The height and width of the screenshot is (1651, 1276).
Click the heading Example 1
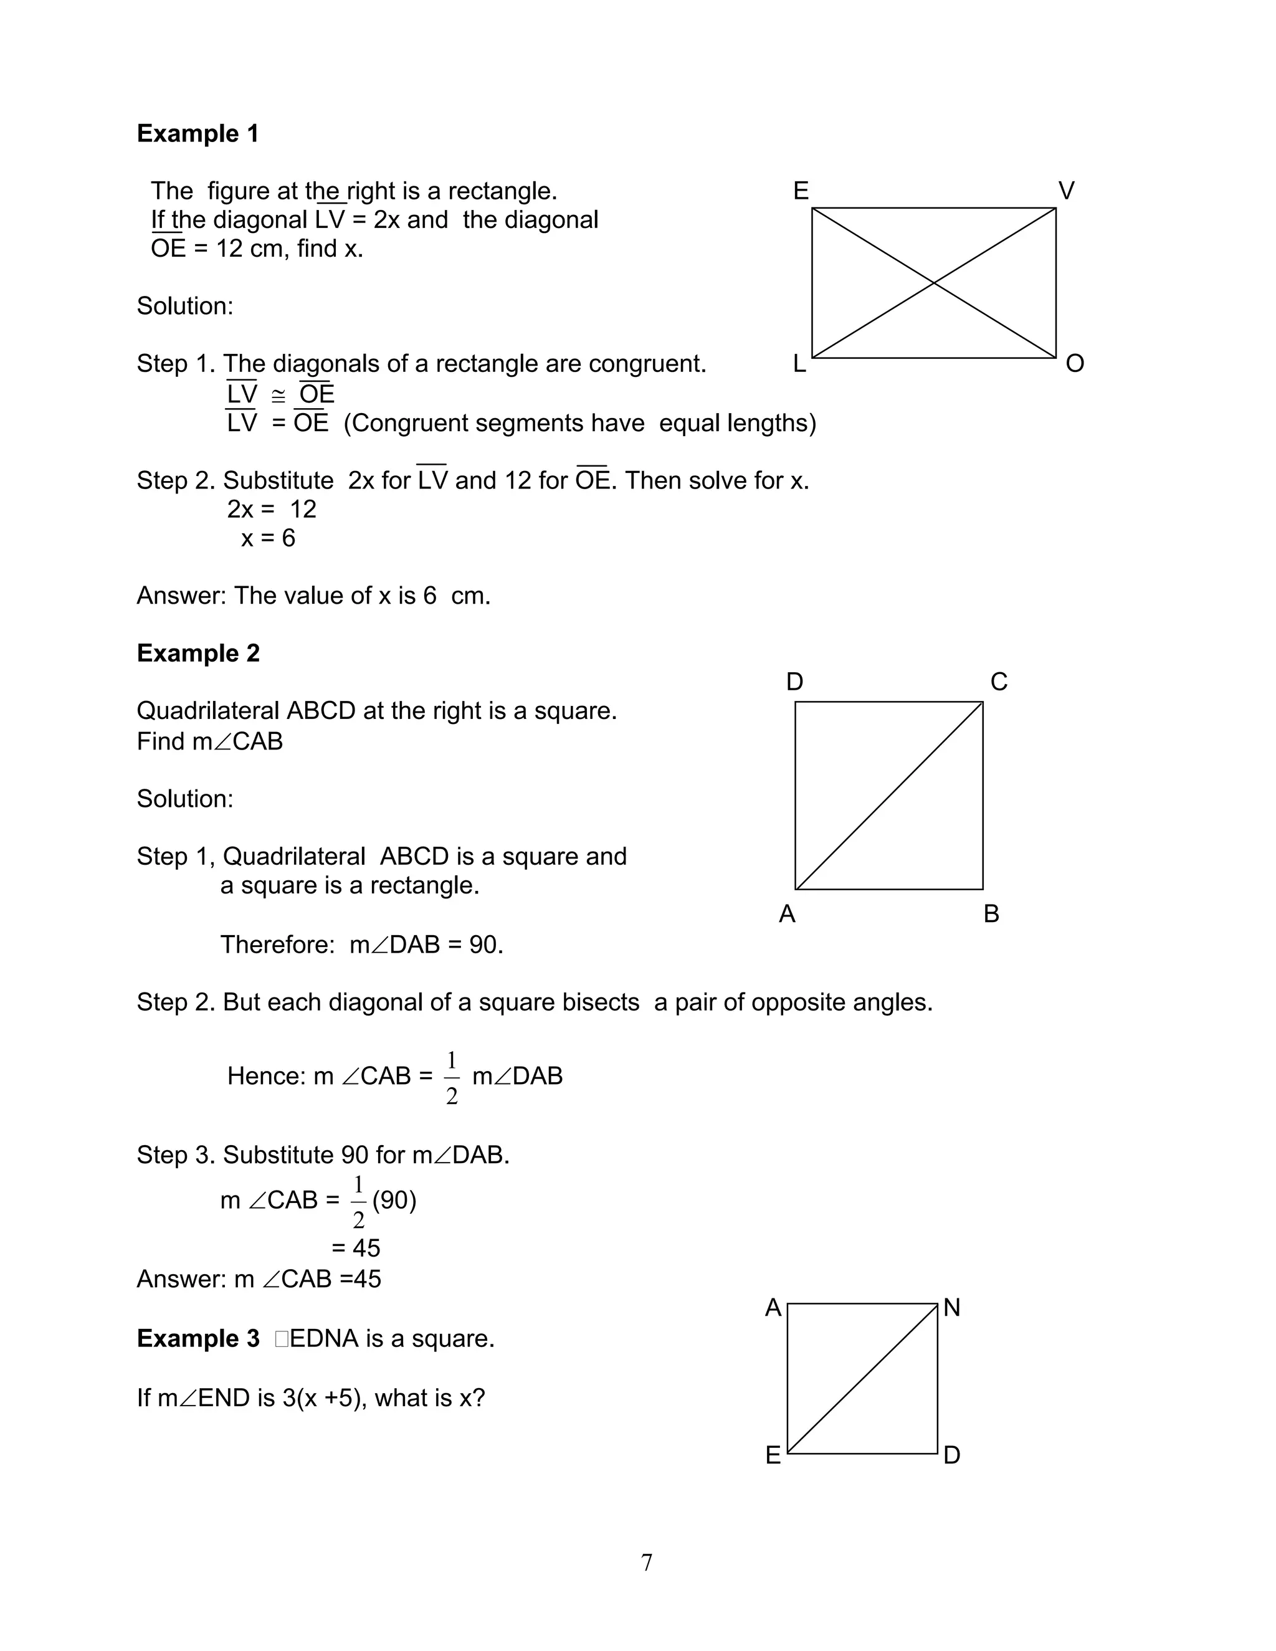198,134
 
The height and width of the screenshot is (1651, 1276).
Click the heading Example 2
198,653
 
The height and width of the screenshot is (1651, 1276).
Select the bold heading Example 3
198,1339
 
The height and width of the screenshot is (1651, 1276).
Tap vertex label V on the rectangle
1066,191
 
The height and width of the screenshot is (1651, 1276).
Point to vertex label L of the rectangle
799,364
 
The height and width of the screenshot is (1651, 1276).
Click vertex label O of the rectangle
1074,364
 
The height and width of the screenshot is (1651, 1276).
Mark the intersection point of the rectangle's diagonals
935,283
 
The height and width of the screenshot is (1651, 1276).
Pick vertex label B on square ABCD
991,915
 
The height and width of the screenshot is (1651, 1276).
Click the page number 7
646,1563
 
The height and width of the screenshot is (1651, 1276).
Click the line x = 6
267,539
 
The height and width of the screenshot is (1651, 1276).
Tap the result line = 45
355,1248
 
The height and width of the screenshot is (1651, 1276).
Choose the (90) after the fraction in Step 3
394,1201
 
